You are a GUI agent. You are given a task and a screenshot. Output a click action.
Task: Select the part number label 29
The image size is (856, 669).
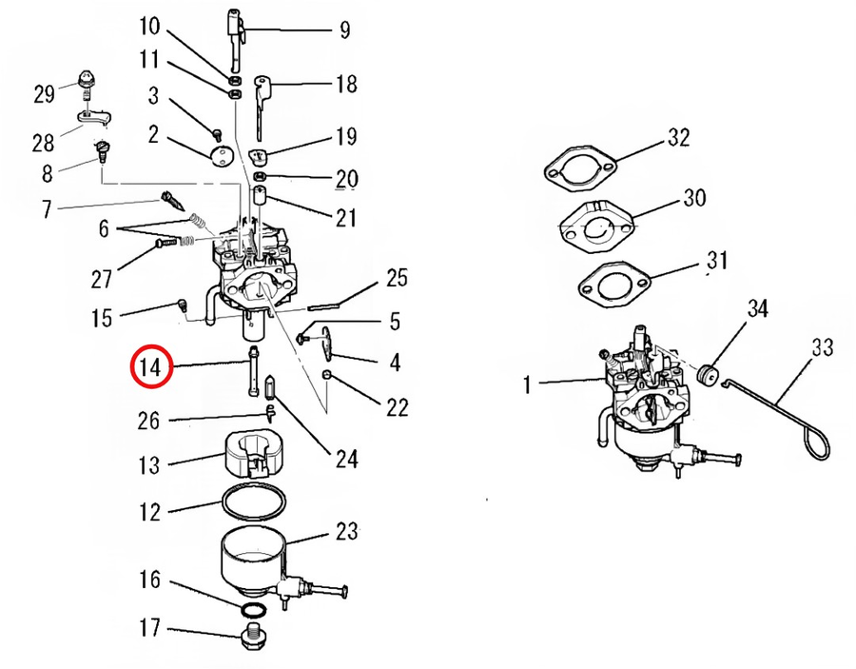point(44,94)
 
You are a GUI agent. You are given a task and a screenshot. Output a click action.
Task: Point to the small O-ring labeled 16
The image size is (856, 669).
point(253,609)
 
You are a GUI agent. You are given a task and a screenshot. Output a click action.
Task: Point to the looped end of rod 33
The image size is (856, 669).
point(817,442)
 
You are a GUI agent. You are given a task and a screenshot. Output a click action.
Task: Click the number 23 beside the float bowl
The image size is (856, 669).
point(346,530)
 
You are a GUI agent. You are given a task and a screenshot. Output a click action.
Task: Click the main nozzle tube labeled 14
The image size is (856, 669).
point(254,371)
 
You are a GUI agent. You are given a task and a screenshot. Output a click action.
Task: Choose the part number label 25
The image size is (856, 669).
point(397,278)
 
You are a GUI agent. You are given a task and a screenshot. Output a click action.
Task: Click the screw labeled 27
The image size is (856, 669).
point(166,243)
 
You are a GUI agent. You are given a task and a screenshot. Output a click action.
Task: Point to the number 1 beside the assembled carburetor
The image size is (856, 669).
point(527,384)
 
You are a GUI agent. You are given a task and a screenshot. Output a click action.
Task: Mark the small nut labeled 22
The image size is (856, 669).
point(326,374)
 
